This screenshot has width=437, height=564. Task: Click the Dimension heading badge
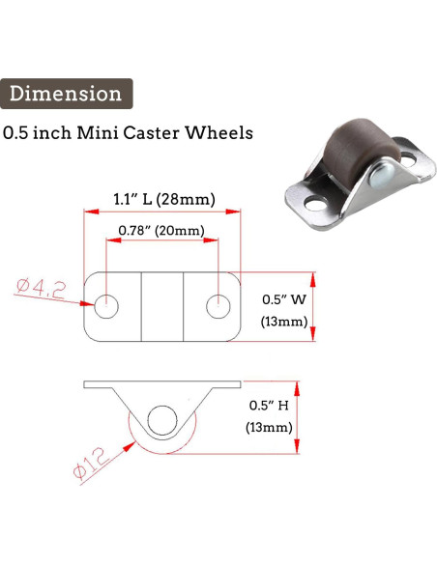67,94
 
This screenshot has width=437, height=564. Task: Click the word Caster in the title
151,132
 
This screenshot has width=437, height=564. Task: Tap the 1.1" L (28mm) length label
164,199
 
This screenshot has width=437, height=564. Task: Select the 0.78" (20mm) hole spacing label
161,230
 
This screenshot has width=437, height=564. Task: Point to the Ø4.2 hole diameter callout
42,289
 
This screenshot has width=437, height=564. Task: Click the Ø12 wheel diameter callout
91,464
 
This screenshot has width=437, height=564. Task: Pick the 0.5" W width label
284,299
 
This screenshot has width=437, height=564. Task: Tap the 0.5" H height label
269,406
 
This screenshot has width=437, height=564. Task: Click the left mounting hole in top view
106,306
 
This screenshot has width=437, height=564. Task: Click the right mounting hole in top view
218,306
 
